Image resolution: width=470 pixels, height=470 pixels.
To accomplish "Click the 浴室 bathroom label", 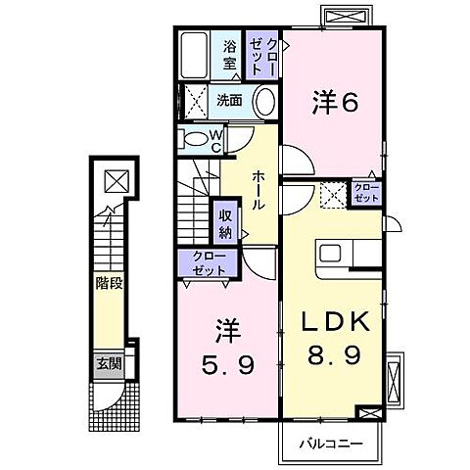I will click(x=230, y=55).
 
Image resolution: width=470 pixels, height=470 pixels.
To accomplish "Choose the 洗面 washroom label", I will click(x=229, y=100).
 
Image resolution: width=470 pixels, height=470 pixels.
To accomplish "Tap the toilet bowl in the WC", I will click(x=196, y=137).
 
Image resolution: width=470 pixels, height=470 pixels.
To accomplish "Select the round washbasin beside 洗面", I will click(x=263, y=102).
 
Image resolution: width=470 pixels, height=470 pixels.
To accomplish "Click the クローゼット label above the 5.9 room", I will click(x=204, y=262).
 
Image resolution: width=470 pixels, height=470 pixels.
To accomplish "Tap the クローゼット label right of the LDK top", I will click(x=366, y=192).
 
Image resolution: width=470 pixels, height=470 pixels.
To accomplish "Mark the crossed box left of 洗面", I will click(x=193, y=101).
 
